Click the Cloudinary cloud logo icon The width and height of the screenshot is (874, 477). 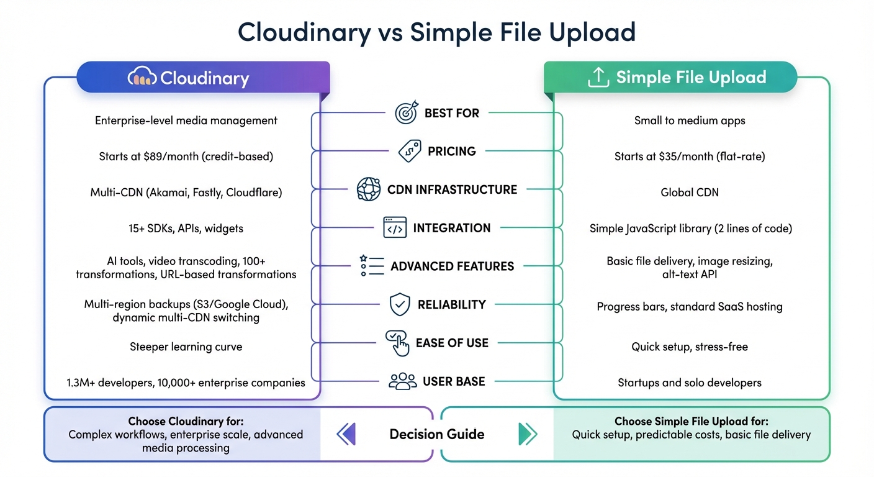pos(142,78)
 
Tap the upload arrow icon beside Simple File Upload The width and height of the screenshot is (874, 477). pos(597,78)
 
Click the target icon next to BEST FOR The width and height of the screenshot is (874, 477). pos(407,113)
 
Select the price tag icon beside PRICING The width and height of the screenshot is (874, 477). pos(409,151)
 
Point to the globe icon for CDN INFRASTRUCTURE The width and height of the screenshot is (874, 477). pos(368,189)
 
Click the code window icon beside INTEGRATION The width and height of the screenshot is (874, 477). pos(395,228)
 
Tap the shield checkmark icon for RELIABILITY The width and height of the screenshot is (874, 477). pos(400,305)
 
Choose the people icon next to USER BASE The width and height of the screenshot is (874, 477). pos(402,381)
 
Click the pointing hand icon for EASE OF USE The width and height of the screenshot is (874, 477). pos(397,343)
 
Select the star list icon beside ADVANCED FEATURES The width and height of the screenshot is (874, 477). pos(372,266)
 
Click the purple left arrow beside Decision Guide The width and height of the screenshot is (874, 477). pos(346,434)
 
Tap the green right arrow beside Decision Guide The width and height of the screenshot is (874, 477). pos(527,434)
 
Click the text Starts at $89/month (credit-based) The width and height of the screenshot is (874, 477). pos(186,157)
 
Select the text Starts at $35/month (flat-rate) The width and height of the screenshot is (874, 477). pos(690,157)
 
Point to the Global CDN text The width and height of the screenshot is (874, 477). pos(690,193)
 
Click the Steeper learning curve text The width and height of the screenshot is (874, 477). pos(186,347)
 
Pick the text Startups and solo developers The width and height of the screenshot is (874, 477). pos(690,383)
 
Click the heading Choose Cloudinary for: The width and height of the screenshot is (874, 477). pos(186,421)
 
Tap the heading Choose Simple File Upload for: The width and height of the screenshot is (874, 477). pos(691,421)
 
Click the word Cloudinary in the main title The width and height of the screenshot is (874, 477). pos(304,32)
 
